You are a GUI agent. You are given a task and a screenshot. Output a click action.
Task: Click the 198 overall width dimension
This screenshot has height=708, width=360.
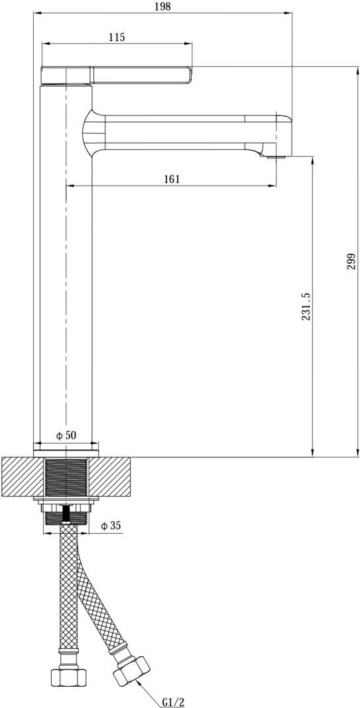pyautogui.click(x=164, y=7)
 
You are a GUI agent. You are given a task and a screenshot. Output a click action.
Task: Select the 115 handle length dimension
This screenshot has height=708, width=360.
pyautogui.click(x=117, y=38)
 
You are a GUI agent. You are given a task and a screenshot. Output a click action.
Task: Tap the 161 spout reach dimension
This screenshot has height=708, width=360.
pyautogui.click(x=172, y=179)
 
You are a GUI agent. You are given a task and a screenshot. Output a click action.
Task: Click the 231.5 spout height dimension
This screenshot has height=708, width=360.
pyautogui.click(x=306, y=306)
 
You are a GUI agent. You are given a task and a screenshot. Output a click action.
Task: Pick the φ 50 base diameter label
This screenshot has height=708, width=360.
pyautogui.click(x=66, y=436)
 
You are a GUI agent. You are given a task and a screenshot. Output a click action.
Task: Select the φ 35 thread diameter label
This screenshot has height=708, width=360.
pyautogui.click(x=110, y=526)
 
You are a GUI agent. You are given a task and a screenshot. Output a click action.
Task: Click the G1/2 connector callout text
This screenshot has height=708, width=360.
pyautogui.click(x=173, y=701)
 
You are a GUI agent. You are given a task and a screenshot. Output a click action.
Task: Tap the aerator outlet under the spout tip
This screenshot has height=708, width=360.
pyautogui.click(x=276, y=158)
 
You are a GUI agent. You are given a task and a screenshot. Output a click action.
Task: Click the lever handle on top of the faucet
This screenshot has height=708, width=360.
pyautogui.click(x=117, y=76)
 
